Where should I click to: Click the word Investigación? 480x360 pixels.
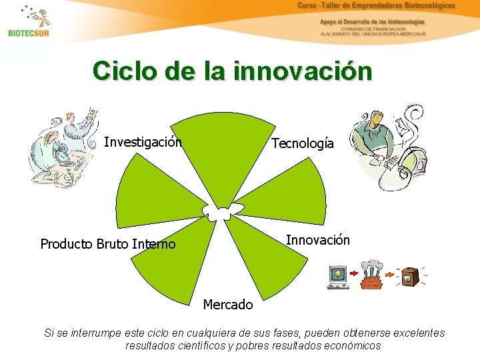(143, 142)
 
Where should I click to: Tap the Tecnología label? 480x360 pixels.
(302, 144)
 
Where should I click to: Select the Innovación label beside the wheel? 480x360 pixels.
(317, 240)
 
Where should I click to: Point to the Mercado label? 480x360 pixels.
(228, 305)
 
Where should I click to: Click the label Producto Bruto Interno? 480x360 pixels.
(108, 244)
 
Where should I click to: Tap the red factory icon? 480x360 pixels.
(372, 274)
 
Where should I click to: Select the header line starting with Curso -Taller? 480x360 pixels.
(376, 6)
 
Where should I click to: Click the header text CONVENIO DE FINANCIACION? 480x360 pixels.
(373, 29)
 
